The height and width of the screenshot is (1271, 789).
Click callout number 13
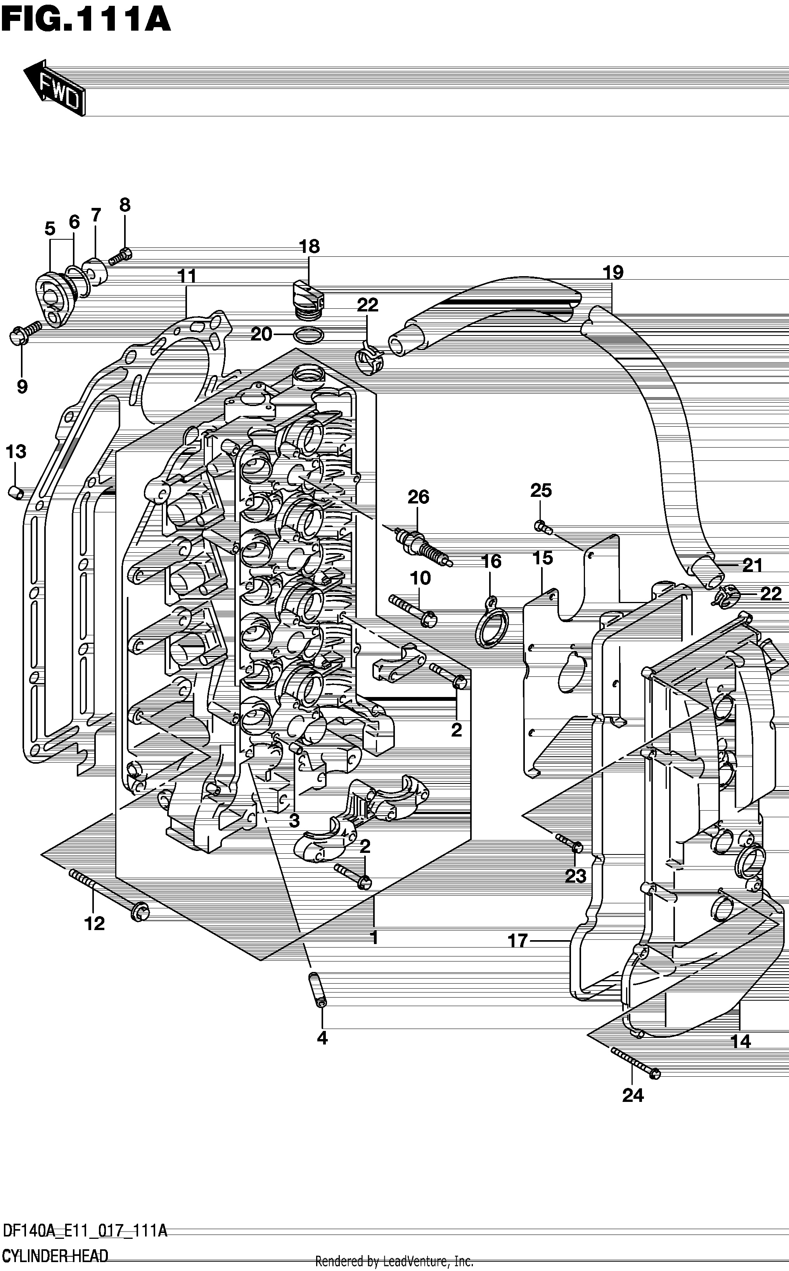pyautogui.click(x=16, y=451)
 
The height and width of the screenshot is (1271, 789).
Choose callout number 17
pyautogui.click(x=517, y=941)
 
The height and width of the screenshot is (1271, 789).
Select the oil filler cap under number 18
pyautogui.click(x=307, y=299)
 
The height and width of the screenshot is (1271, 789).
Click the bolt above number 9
pyautogui.click(x=26, y=332)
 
